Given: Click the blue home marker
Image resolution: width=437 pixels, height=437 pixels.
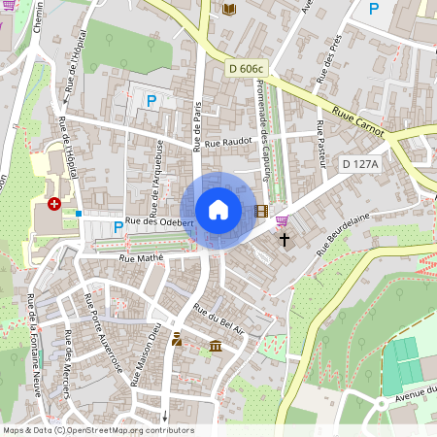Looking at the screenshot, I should pyautogui.click(x=218, y=210).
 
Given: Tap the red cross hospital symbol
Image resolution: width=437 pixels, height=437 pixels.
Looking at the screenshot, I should pyautogui.click(x=53, y=204).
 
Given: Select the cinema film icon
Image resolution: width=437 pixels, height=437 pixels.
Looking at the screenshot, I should pyautogui.click(x=260, y=210).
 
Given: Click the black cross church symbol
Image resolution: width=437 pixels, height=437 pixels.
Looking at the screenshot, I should pyautogui.click(x=286, y=239).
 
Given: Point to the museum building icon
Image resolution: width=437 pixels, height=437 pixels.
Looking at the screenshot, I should pyautogui.click(x=216, y=347).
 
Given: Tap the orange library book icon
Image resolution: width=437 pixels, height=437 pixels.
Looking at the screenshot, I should pyautogui.click(x=229, y=10).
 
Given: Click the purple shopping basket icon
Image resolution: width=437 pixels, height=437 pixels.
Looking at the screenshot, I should pyautogui.click(x=282, y=220).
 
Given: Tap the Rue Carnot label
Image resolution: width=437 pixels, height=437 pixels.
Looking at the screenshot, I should pyautogui.click(x=358, y=121).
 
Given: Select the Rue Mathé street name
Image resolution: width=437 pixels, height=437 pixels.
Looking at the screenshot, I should pyautogui.click(x=140, y=257).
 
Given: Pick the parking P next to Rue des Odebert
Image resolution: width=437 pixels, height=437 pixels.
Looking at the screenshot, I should pyautogui.click(x=118, y=227).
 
